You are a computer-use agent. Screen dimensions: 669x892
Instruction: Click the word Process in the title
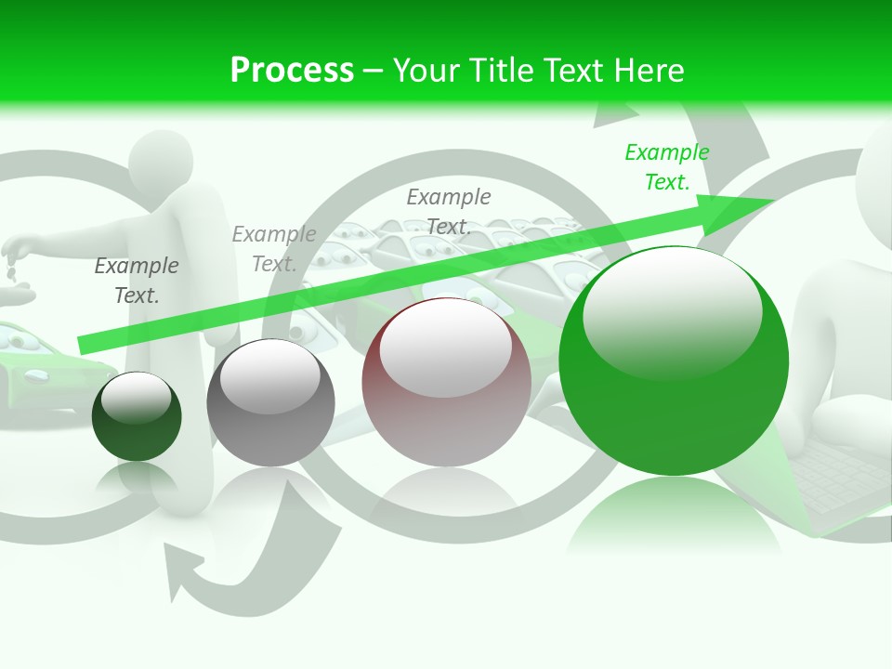(x=292, y=70)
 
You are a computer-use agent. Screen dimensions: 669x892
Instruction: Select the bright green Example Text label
(x=666, y=167)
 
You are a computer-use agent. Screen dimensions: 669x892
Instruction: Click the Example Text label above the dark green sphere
(x=137, y=281)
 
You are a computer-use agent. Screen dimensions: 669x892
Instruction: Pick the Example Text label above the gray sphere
(x=274, y=249)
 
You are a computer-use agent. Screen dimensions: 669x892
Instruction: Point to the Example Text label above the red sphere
(x=449, y=211)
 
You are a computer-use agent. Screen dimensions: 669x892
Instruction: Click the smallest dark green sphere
(x=137, y=417)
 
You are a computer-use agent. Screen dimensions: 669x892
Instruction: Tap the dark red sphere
(x=446, y=383)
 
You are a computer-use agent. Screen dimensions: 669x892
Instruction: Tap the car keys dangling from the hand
(x=10, y=269)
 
